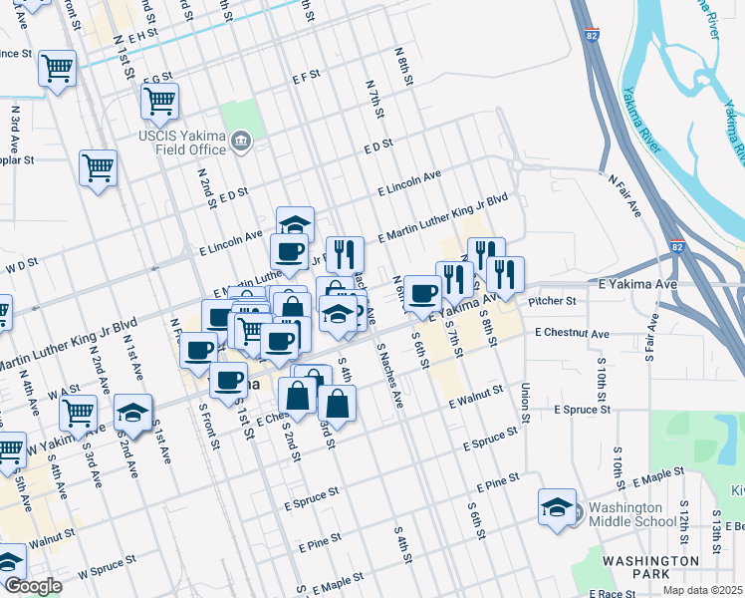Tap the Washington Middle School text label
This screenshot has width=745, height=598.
point(631,513)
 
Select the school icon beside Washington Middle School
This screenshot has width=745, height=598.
point(557,506)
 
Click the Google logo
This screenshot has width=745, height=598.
point(33,586)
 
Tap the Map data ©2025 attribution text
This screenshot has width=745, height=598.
point(702,590)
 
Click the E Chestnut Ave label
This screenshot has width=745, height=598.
point(572,332)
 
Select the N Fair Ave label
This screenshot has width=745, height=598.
point(624,194)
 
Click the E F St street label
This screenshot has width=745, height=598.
point(306,75)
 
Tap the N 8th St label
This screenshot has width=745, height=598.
point(402,66)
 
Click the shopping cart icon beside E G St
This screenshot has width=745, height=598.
point(159,100)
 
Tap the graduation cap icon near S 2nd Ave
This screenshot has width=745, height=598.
point(131,413)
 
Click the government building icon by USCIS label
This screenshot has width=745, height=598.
point(239,143)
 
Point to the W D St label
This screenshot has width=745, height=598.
point(21,265)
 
